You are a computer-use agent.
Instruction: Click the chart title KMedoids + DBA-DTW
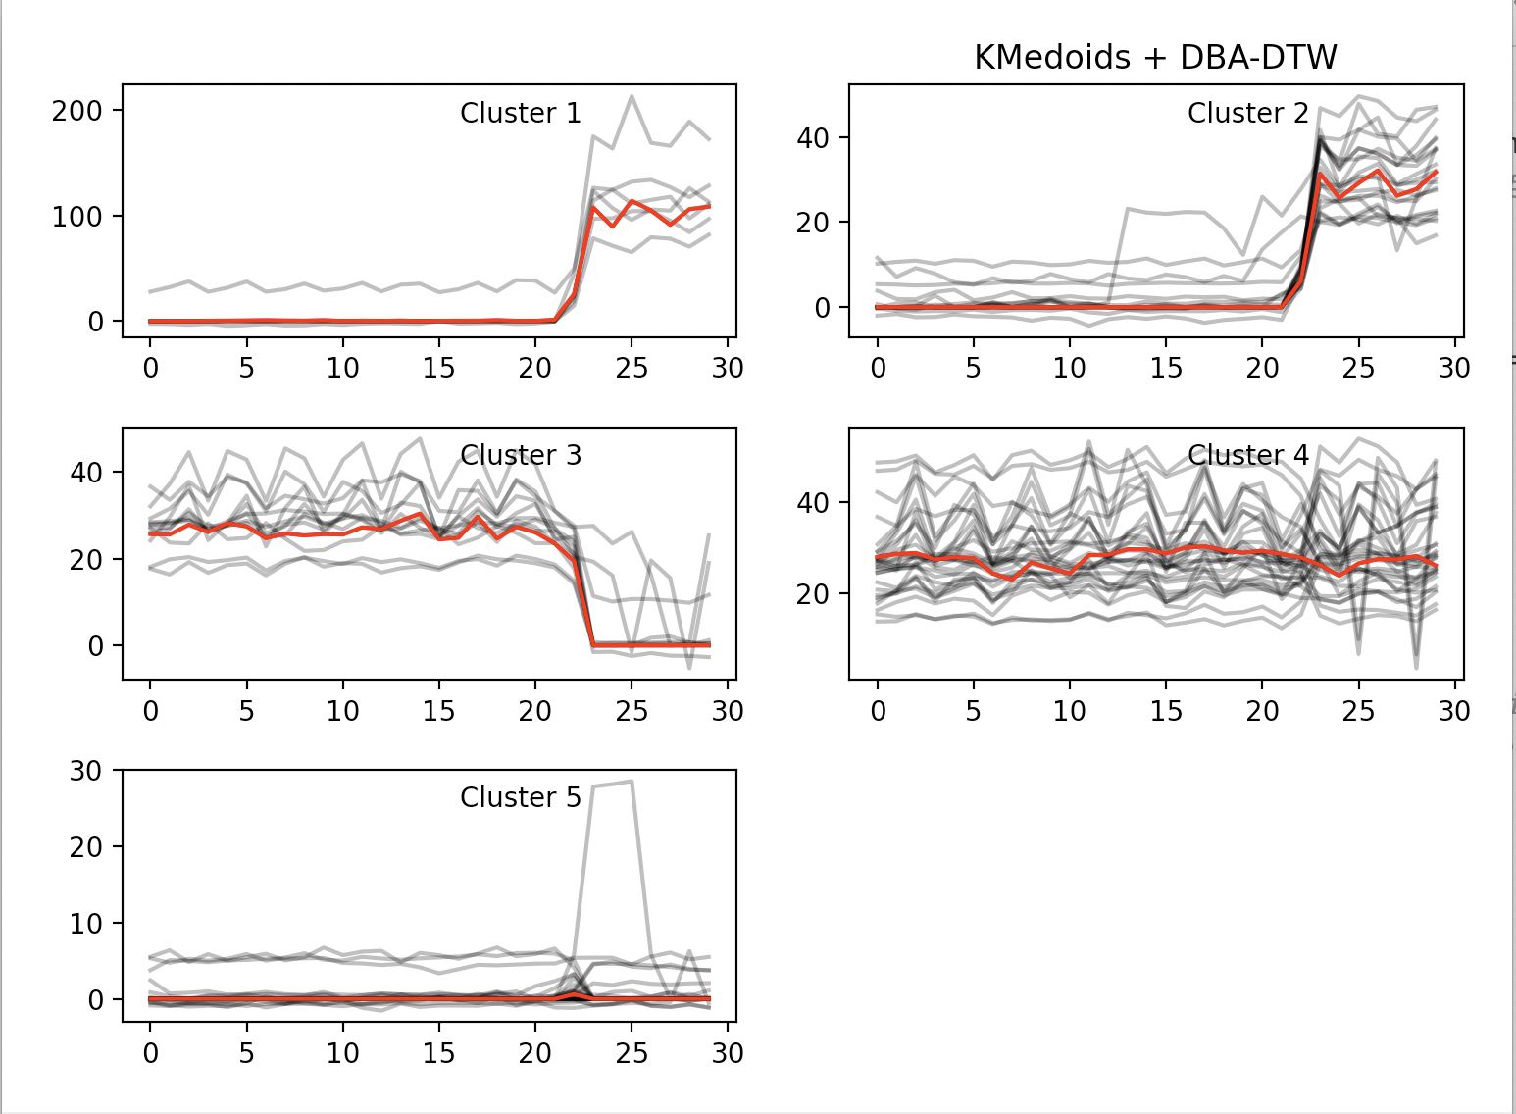[x=1155, y=58]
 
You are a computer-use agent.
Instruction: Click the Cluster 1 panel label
[x=521, y=114]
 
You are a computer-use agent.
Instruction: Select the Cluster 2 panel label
[x=1247, y=114]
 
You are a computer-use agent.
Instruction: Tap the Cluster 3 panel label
[x=521, y=456]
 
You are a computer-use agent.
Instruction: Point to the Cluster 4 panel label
[x=1247, y=456]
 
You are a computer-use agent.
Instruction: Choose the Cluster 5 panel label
[x=521, y=798]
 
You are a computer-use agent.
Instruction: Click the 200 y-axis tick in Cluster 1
[x=77, y=111]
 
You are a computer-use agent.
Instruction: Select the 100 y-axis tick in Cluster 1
[x=77, y=217]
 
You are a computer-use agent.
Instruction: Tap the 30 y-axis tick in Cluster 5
[x=85, y=771]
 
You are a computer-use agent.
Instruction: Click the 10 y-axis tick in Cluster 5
[x=85, y=924]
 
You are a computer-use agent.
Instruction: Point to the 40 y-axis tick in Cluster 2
[x=813, y=138]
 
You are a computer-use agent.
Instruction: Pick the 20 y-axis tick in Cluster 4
[x=813, y=594]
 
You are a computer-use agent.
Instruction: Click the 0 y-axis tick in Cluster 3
[x=95, y=646]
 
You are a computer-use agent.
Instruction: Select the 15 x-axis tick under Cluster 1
[x=438, y=369]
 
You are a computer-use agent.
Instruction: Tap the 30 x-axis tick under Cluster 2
[x=1453, y=369]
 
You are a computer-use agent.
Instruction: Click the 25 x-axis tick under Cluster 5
[x=632, y=1054]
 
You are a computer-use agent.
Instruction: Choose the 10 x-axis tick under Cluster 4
[x=1069, y=711]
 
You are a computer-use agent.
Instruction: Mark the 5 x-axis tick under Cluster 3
[x=246, y=711]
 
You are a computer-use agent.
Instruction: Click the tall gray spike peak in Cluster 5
[x=630, y=782]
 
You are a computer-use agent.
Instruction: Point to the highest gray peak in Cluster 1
[x=632, y=96]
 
